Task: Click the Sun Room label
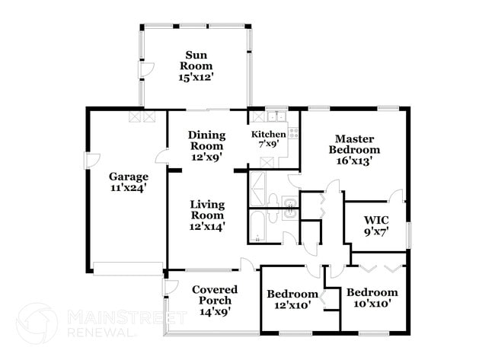pos(196,65)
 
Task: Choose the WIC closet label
pos(376,225)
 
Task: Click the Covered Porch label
pos(214,300)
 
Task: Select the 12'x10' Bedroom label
pos(292,299)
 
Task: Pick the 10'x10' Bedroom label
pos(372,298)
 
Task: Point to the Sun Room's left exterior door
pos(141,71)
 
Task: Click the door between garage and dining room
pos(162,158)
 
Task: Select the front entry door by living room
pos(247,265)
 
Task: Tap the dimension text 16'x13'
pos(354,161)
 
